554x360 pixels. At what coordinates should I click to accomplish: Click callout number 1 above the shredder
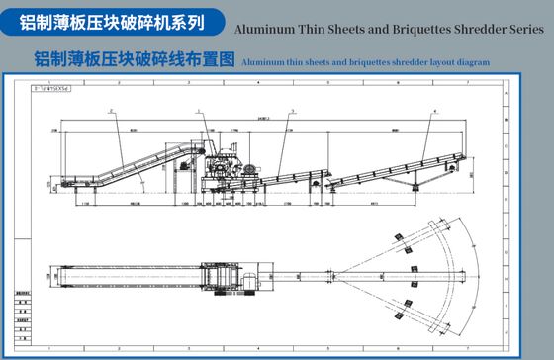[x=199, y=112]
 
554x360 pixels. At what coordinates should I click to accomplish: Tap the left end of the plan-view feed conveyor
[x=63, y=277]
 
